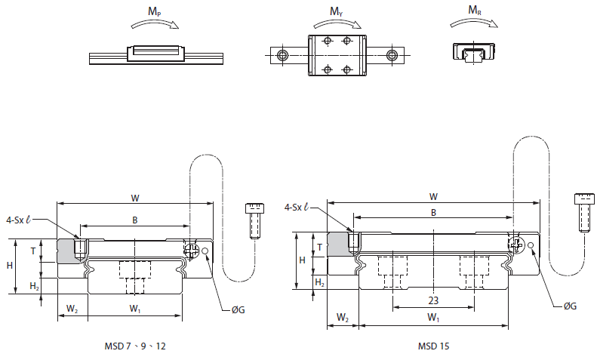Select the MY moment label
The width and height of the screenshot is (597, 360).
tap(335, 11)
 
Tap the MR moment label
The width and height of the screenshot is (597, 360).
tap(475, 11)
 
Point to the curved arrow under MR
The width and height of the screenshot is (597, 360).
tap(473, 24)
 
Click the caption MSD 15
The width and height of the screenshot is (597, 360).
tap(432, 346)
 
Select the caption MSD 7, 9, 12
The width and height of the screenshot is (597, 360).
tap(135, 346)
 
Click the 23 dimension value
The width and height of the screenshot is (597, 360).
tap(433, 300)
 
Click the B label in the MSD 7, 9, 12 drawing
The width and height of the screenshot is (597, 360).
tap(134, 220)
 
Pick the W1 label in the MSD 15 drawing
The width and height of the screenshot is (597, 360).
tap(433, 318)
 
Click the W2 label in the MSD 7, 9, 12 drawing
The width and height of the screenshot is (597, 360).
tap(72, 308)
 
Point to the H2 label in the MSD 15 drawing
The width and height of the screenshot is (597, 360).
tap(319, 282)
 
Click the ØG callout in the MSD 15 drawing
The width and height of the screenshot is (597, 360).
tap(571, 306)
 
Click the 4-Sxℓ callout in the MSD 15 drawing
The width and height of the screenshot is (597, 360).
tap(300, 207)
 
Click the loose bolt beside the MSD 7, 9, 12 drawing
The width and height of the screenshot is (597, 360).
tap(254, 220)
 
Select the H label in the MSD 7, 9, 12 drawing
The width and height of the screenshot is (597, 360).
tap(10, 266)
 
